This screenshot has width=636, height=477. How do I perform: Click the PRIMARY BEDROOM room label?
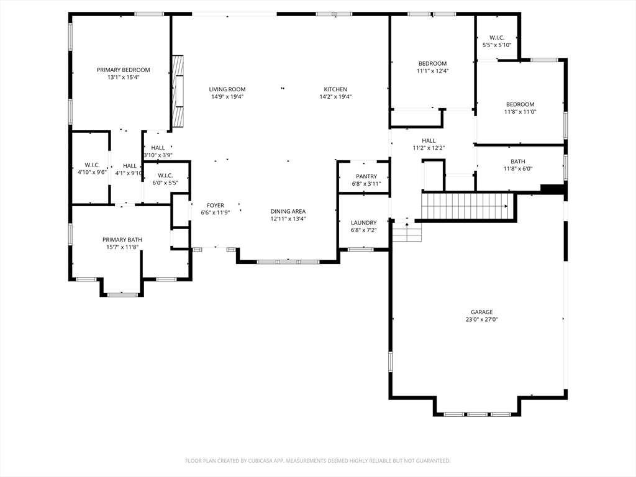coord(123,70)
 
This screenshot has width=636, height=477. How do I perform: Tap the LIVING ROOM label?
coord(227,89)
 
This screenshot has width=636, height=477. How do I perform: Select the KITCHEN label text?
coord(335,89)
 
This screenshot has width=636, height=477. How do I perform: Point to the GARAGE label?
coord(481,312)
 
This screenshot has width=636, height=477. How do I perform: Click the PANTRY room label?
coord(366,177)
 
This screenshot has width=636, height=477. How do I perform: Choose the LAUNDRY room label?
coord(363,223)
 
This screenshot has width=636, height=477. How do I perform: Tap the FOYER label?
coord(216,206)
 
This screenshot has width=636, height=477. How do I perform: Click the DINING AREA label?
coord(288,211)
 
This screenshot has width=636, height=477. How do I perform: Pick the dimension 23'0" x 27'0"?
coord(481,320)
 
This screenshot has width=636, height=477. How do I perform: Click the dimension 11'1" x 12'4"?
coord(432,71)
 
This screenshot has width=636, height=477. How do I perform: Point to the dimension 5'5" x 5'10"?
coord(496,45)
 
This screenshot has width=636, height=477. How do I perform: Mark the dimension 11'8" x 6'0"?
coord(517,169)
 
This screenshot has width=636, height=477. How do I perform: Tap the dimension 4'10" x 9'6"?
coord(92,172)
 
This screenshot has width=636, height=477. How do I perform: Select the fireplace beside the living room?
coord(178,91)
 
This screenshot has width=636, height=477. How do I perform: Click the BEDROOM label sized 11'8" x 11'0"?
coord(520,104)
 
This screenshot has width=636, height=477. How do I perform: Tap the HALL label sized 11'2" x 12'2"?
coord(429,141)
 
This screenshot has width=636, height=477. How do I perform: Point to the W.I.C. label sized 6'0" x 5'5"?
coord(165,175)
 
